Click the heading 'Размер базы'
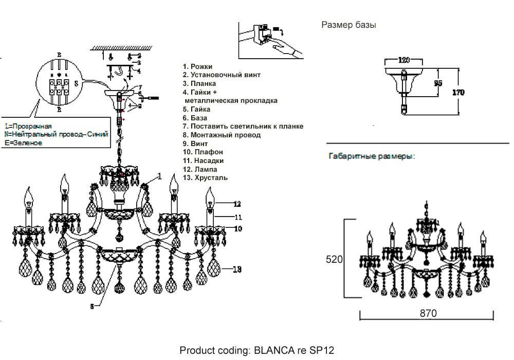coord(348,25)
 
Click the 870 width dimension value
coord(428,313)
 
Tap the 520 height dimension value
coord(334,260)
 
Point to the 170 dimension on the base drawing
coord(458,93)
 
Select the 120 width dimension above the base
coord(404,60)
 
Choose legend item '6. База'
coord(195,118)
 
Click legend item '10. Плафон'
coord(203,152)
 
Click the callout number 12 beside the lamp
coord(237,204)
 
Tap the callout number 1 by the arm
coord(160,176)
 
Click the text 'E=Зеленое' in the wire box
coord(23,143)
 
